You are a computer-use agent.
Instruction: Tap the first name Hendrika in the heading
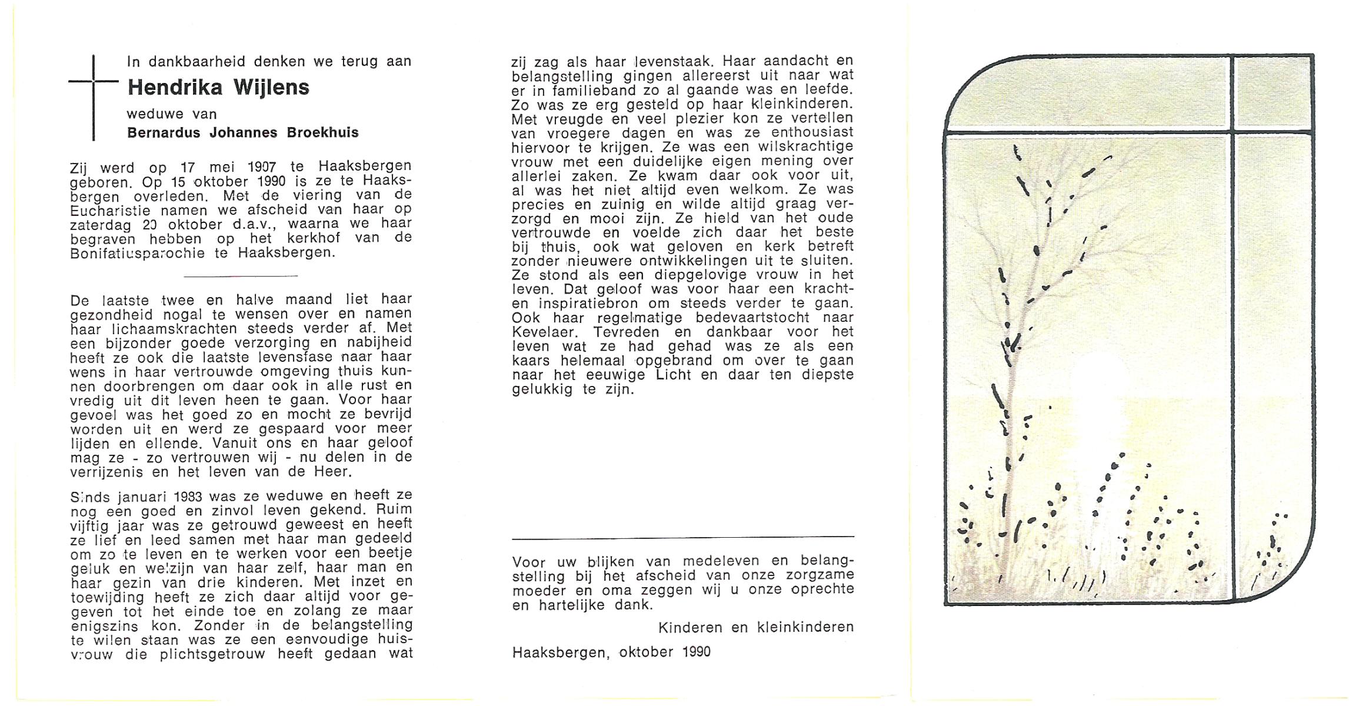pyautogui.click(x=175, y=88)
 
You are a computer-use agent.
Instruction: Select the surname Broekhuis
pyautogui.click(x=322, y=132)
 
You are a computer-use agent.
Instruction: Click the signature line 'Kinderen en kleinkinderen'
pyautogui.click(x=755, y=627)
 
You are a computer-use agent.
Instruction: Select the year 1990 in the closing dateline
pyautogui.click(x=697, y=652)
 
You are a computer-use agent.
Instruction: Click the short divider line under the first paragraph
pyautogui.click(x=241, y=276)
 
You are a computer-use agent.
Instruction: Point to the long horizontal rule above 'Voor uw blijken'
pyautogui.click(x=682, y=537)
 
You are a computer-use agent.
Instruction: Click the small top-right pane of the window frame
pyautogui.click(x=1272, y=94)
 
